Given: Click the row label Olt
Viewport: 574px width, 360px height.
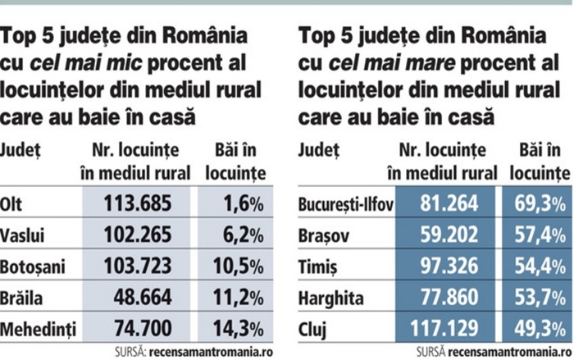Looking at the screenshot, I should (x=12, y=203).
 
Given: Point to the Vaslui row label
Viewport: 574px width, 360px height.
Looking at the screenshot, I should (x=21, y=234).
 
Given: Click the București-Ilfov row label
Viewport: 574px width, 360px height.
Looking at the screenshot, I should (x=344, y=203).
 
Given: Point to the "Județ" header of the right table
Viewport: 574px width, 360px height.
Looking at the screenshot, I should (x=320, y=151).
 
